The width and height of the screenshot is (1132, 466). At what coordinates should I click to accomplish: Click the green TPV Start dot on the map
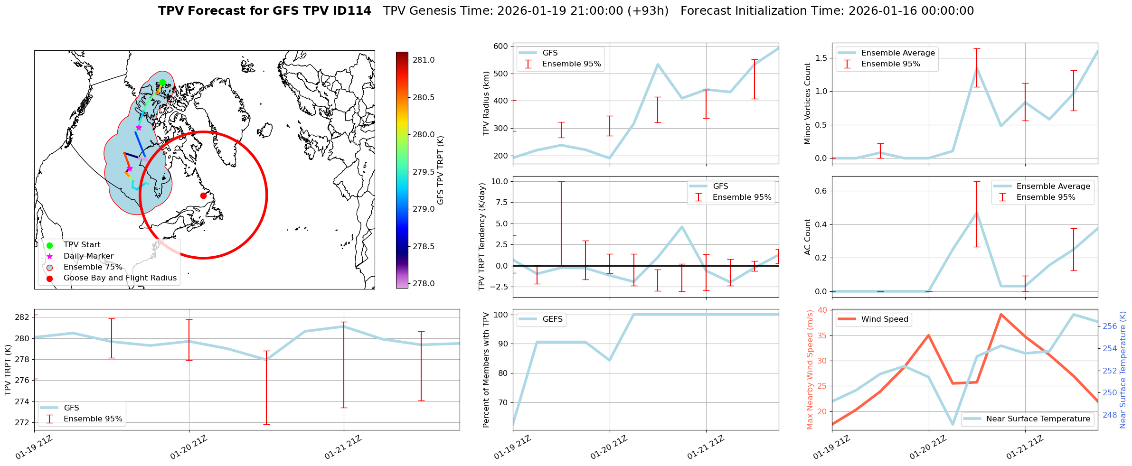pos(162,83)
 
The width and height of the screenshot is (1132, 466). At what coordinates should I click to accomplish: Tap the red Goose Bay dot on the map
pos(203,196)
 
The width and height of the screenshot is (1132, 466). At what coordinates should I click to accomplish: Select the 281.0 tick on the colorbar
pos(424,60)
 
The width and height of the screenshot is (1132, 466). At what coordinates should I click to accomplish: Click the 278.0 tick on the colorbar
pos(424,284)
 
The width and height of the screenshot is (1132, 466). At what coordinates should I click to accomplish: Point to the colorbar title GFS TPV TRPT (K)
pos(441,170)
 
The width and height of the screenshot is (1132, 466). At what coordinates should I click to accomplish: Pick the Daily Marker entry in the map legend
pos(88,256)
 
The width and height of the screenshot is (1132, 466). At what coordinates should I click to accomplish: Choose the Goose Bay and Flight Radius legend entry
pos(120,278)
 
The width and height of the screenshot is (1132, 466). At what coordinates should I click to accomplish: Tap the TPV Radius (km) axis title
pos(486,103)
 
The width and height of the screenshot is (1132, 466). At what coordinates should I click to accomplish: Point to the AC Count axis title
pos(808,237)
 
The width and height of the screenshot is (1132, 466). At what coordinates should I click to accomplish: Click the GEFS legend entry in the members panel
pos(552,319)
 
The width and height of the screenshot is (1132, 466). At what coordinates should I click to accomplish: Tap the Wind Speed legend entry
pos(884,319)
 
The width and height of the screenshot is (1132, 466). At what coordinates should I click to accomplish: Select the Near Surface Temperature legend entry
pos(1038,419)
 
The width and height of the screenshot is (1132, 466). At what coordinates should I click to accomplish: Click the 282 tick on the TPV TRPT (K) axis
pos(23,317)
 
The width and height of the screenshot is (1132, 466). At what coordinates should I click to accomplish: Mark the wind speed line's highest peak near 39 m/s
pos(1000,314)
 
